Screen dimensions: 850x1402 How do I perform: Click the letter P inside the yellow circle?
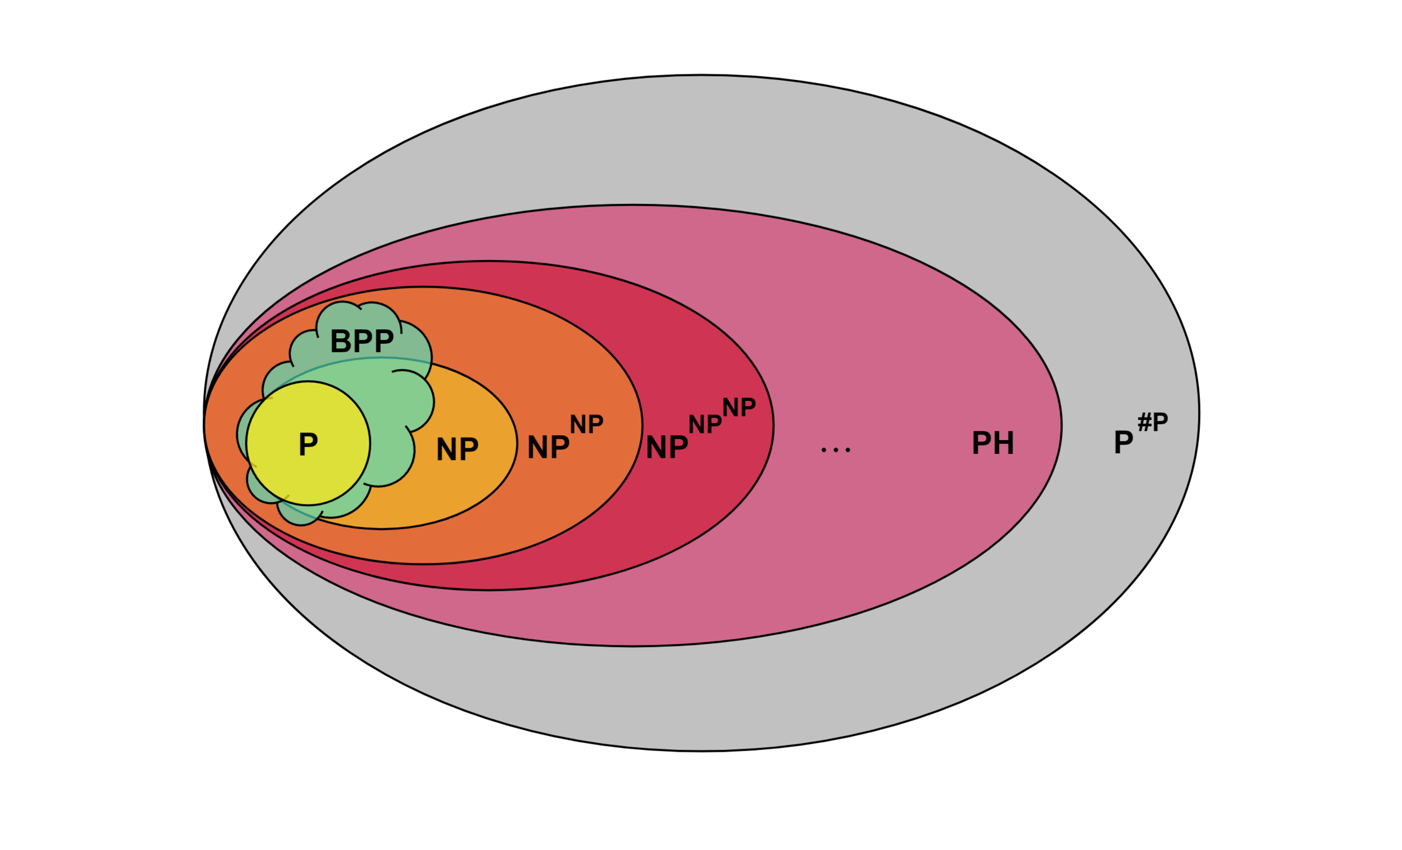(308, 445)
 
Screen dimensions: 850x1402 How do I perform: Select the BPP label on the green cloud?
(362, 342)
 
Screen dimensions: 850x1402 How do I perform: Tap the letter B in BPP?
(340, 342)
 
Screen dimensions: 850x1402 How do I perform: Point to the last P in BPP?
(384, 342)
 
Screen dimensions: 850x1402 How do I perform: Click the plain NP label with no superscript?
(457, 450)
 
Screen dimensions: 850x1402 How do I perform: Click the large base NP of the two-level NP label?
(548, 448)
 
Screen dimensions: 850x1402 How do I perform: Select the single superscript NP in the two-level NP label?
(587, 425)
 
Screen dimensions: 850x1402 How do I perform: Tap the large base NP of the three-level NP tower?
(667, 448)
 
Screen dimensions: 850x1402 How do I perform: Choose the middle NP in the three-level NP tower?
(705, 424)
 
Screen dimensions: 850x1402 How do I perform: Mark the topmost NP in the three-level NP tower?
(739, 408)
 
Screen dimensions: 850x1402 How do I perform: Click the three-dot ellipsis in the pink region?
(836, 450)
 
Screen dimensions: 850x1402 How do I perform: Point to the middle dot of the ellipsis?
(836, 450)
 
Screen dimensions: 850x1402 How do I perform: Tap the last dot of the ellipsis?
(848, 450)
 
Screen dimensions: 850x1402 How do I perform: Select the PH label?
(993, 443)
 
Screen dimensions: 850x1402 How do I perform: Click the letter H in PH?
(1003, 443)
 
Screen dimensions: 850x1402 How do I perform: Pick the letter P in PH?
(981, 443)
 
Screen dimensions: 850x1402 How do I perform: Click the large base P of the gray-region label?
(1123, 443)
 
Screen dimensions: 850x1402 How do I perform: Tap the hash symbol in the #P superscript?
(1145, 422)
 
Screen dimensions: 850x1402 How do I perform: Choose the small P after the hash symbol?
(1160, 422)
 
